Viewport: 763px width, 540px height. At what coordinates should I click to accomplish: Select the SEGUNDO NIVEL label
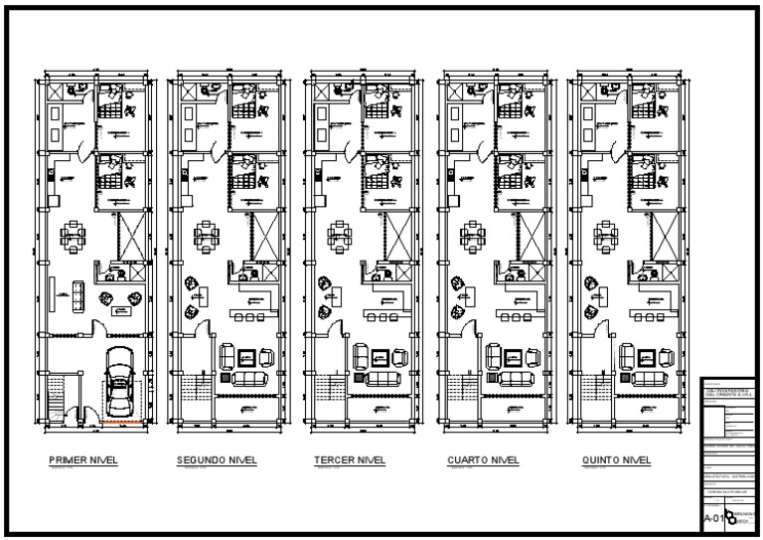pyautogui.click(x=217, y=460)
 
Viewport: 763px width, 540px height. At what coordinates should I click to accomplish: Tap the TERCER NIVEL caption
pyautogui.click(x=349, y=460)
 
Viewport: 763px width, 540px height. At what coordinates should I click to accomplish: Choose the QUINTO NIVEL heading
pyautogui.click(x=617, y=460)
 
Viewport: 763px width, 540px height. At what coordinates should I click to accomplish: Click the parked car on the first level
pyautogui.click(x=121, y=382)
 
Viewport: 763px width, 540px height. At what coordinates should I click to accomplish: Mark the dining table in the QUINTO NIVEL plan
pyautogui.click(x=606, y=236)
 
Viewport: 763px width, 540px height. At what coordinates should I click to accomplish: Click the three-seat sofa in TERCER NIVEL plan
pyautogui.click(x=379, y=377)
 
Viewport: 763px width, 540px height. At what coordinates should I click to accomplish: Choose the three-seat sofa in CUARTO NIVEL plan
pyautogui.click(x=512, y=377)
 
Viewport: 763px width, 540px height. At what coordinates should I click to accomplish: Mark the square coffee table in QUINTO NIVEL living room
pyautogui.click(x=645, y=356)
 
